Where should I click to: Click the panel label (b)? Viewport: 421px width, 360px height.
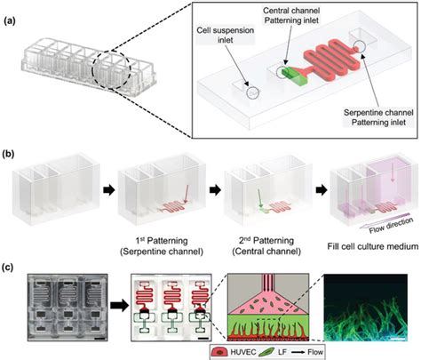[9, 156]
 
